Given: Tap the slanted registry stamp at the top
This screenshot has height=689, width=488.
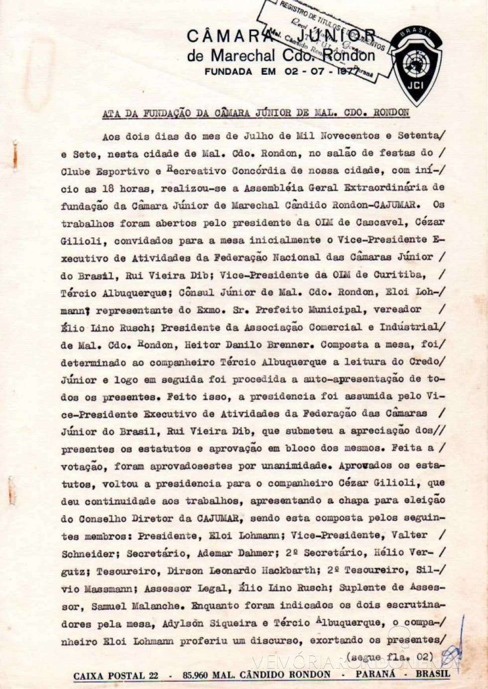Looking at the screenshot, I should pyautogui.click(x=324, y=37).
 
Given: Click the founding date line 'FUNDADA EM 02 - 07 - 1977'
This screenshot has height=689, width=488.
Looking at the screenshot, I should pyautogui.click(x=281, y=72).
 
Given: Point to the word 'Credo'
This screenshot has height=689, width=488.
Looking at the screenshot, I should pyautogui.click(x=425, y=361).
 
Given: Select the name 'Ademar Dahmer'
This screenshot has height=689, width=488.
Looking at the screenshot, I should pyautogui.click(x=236, y=553).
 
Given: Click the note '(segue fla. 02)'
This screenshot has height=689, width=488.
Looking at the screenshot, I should pyautogui.click(x=390, y=657).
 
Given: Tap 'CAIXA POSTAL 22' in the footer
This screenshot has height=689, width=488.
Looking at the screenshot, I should pyautogui.click(x=116, y=676).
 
